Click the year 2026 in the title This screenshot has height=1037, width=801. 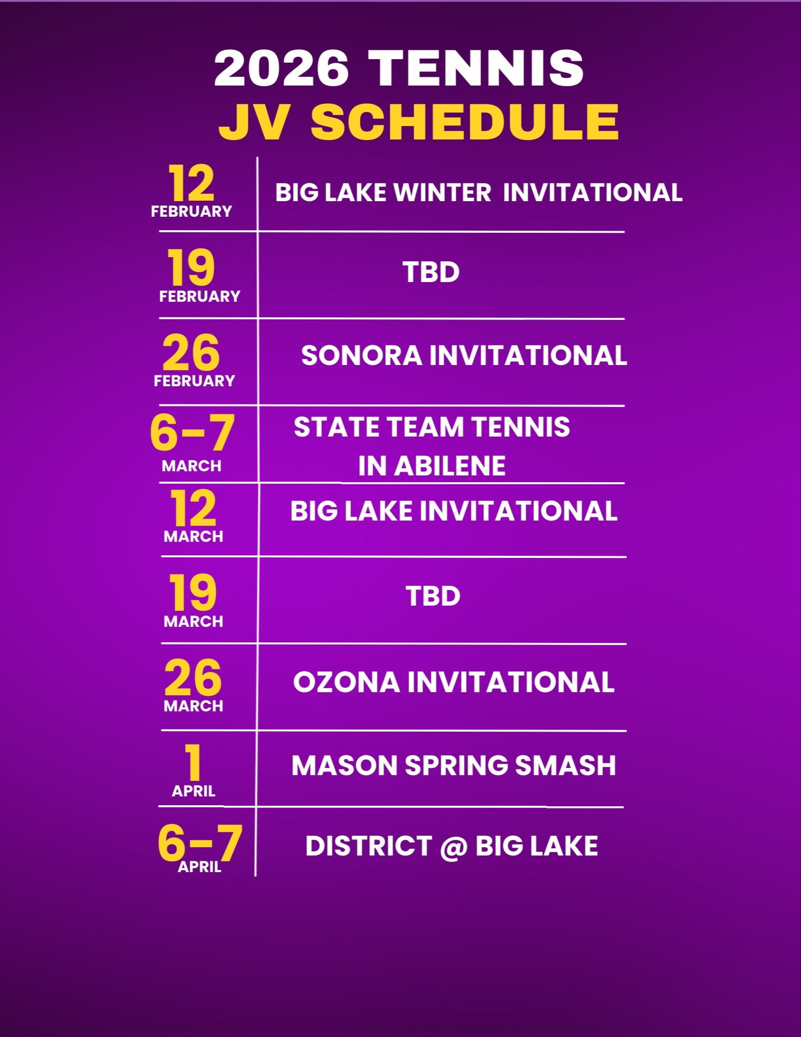click(x=282, y=68)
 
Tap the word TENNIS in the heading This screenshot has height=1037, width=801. click(x=477, y=68)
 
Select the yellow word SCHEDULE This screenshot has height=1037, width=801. click(x=465, y=121)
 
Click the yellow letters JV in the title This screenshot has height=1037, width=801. click(x=253, y=121)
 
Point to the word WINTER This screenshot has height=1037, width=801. click(x=442, y=193)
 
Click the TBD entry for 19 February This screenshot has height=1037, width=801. click(x=431, y=272)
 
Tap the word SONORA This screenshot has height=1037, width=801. click(x=361, y=356)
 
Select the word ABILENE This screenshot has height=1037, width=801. click(x=450, y=466)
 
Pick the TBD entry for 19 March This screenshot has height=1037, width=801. click(x=433, y=596)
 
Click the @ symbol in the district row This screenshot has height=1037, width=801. click(x=454, y=847)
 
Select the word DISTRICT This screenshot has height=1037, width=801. click(x=369, y=846)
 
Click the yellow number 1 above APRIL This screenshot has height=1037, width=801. click(x=193, y=762)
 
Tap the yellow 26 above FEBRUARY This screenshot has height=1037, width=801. click(x=191, y=352)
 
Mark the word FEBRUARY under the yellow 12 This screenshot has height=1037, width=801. click(x=191, y=212)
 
